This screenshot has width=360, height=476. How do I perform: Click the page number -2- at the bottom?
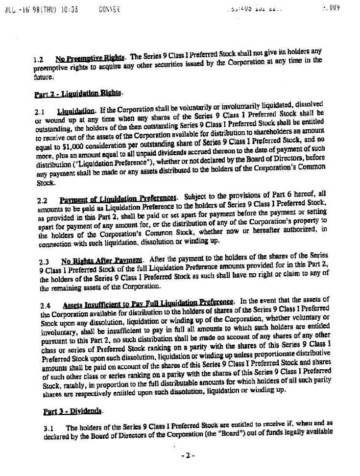(188, 455)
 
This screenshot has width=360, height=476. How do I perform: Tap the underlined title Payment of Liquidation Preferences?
(119, 198)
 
